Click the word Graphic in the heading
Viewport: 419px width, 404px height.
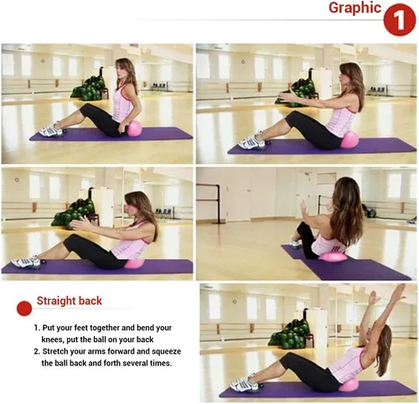coord(354,8)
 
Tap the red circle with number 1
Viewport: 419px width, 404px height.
coord(400,19)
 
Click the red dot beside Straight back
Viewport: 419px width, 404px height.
coord(24,308)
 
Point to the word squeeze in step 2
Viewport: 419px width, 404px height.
coord(167,351)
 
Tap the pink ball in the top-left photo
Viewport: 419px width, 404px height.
coord(135,128)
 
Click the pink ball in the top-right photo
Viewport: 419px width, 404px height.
coord(349,141)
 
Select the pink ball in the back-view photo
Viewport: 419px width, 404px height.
coord(333,256)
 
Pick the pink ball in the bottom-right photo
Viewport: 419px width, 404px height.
coord(349,385)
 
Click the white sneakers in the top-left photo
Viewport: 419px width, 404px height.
coord(50,130)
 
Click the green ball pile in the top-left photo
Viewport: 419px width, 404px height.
coord(89,86)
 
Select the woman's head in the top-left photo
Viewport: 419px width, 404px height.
coord(124,70)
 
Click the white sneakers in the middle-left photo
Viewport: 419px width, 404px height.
coord(25,262)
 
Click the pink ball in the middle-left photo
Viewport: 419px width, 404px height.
coord(134,263)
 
